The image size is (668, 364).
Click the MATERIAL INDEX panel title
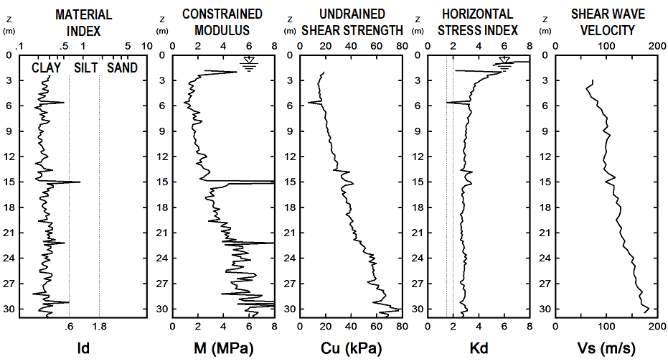click(83, 22)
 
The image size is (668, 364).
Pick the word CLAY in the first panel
click(45, 68)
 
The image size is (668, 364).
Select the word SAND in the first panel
click(122, 68)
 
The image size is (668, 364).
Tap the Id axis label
click(83, 350)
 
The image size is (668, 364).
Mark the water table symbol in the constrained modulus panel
click(248, 67)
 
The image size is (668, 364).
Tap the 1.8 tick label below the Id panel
click(99, 326)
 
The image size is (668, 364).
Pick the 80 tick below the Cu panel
click(402, 326)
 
